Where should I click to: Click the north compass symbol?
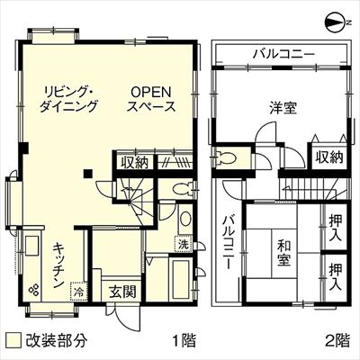337,22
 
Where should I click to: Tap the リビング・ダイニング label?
68,99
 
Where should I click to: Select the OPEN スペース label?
151,99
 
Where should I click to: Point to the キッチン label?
58,265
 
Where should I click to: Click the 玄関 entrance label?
122,291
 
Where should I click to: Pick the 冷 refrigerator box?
79,291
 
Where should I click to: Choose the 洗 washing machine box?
184,244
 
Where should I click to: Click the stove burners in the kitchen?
33,289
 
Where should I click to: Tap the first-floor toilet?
183,189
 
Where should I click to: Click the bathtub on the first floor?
179,279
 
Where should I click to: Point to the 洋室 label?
283,108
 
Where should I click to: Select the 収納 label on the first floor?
135,162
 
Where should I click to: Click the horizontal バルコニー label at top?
283,54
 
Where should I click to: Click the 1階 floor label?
184,340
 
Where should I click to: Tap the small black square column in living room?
88,174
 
